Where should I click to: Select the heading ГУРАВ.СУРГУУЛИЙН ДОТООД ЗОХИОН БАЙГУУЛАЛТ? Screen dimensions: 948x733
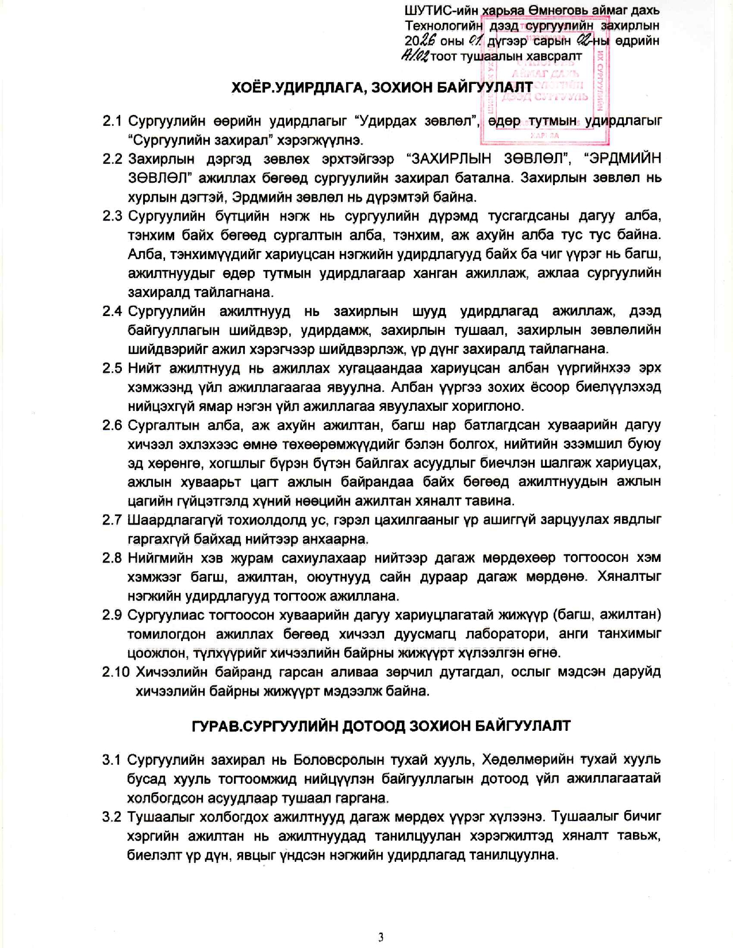pyautogui.click(x=381, y=726)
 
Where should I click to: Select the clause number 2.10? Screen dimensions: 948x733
pyautogui.click(x=116, y=672)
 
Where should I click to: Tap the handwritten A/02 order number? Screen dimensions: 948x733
pyautogui.click(x=415, y=56)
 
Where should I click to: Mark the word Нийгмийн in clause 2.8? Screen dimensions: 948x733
pyautogui.click(x=162, y=558)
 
